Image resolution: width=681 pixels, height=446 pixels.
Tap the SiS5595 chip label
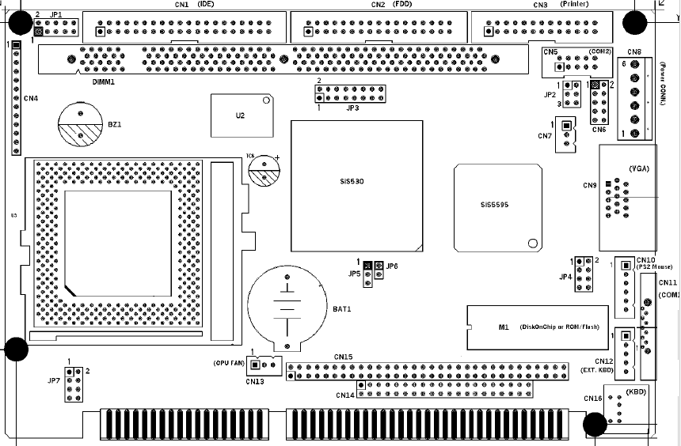[x=493, y=205]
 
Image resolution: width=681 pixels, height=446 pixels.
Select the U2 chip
[x=240, y=115]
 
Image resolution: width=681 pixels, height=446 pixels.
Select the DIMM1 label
[x=104, y=81]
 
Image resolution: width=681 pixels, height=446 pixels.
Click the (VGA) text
[x=640, y=168]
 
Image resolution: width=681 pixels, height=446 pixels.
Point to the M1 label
[x=502, y=327]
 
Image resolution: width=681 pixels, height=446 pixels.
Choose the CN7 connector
[x=565, y=134]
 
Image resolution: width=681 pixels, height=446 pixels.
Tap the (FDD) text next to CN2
[x=404, y=5]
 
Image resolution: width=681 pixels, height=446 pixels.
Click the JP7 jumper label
[x=54, y=381]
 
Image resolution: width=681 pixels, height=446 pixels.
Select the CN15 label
[x=343, y=357]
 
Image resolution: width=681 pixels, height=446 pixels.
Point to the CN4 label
[x=31, y=98]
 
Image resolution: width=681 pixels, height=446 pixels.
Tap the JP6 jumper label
[x=392, y=266]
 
